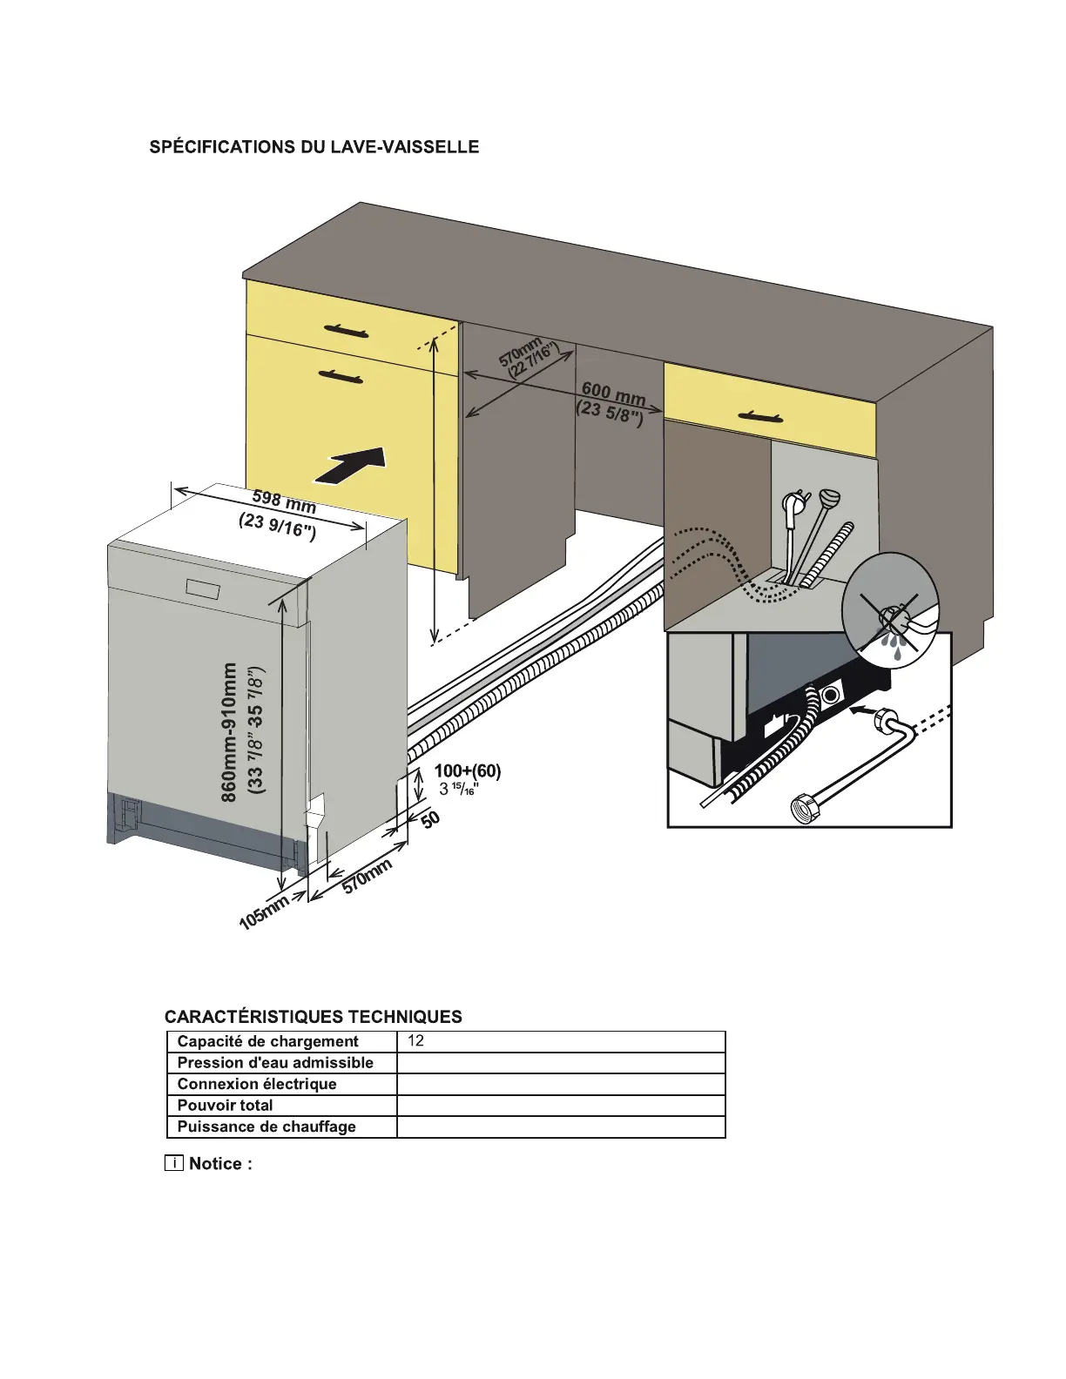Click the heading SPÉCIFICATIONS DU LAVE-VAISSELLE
pos(314,147)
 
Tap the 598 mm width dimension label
pos(284,501)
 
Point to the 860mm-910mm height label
pos(229,731)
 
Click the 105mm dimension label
pos(263,912)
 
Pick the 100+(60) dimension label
pos(468,771)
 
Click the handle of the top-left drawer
pos(346,331)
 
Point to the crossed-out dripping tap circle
pos(890,609)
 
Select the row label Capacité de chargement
pos(267,1041)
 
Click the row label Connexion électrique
pos(256,1084)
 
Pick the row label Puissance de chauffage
pos(266,1127)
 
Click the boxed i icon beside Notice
pos(174,1164)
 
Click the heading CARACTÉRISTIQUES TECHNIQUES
pos(314,1017)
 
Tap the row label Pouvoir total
pos(225,1106)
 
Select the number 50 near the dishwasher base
pos(430,819)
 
